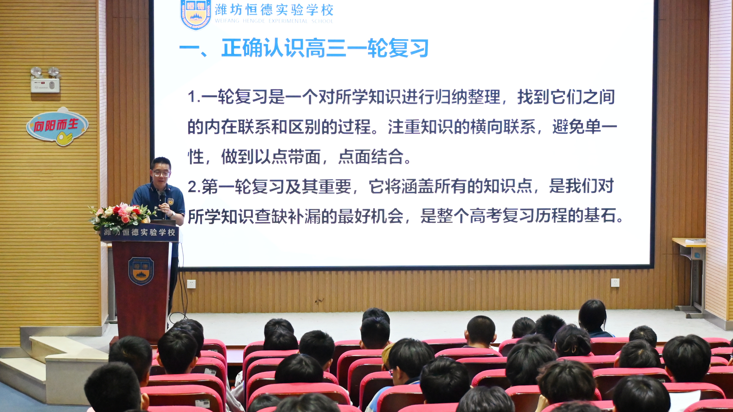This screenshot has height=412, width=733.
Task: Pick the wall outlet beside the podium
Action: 191,284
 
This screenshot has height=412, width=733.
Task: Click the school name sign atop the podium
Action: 139,232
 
